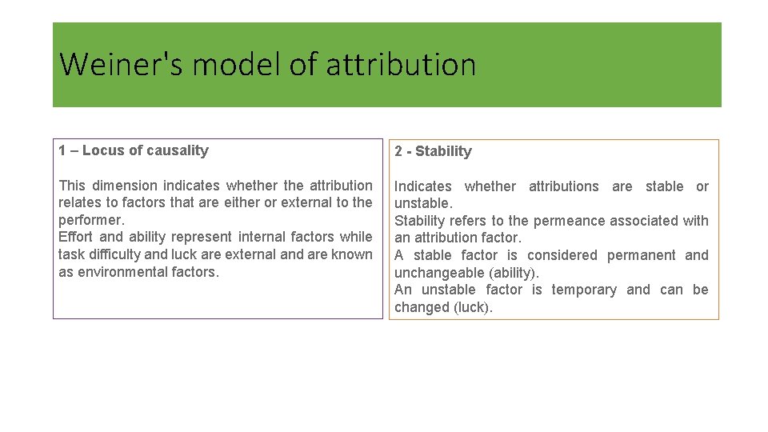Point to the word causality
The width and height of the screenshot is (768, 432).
click(x=177, y=150)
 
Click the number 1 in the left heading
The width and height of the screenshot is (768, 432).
click(x=62, y=150)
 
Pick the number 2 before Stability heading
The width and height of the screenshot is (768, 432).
click(x=398, y=151)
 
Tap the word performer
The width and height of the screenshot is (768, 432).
click(x=91, y=220)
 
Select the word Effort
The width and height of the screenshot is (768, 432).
click(x=76, y=237)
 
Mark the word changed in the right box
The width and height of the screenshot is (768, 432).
click(x=421, y=307)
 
